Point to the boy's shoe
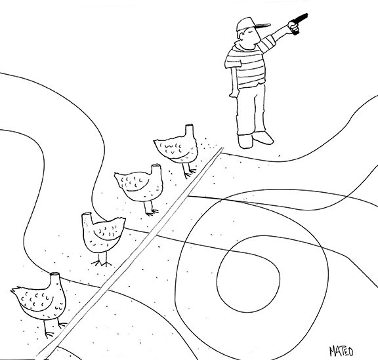pyautogui.click(x=263, y=138)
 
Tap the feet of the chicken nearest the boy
pyautogui.click(x=190, y=174)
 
